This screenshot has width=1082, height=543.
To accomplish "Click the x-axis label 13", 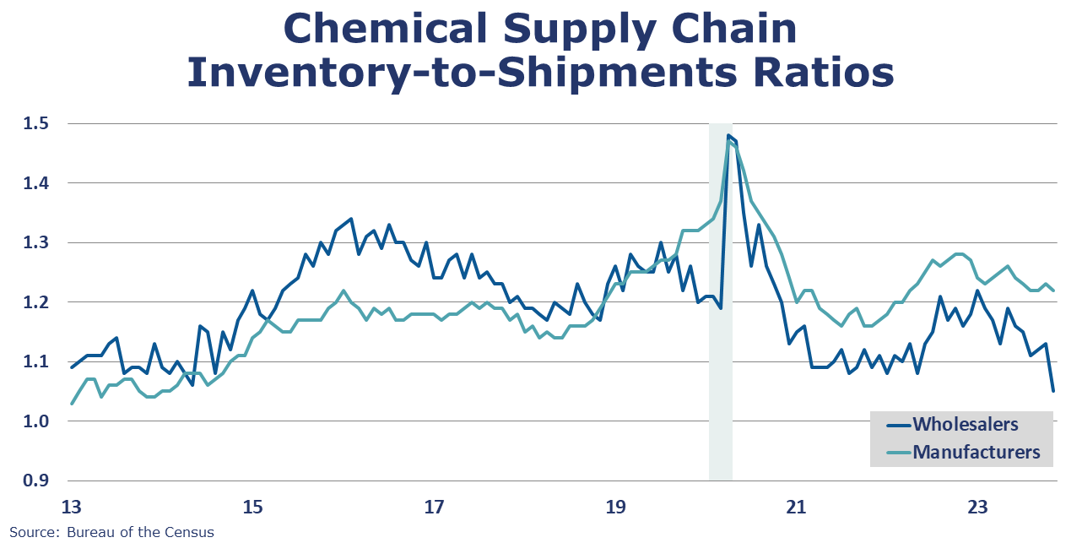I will point(71,508).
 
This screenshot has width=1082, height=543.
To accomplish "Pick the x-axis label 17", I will point(434,508).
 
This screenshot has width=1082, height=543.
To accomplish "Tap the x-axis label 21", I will point(796,508).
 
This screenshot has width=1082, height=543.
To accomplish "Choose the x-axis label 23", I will point(977,508).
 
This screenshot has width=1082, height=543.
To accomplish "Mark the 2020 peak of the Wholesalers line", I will point(728,135).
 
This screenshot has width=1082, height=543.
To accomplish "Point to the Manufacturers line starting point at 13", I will point(71,404).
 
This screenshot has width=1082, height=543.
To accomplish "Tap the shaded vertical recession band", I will point(720,338).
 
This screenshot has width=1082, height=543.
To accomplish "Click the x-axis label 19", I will point(615,508).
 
